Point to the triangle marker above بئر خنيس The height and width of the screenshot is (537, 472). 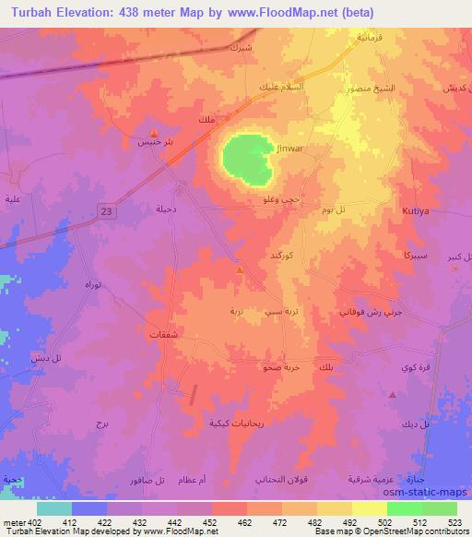coord(152,133)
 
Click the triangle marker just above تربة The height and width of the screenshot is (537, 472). coord(240,270)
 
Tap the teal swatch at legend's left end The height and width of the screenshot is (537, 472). coord(53,507)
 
